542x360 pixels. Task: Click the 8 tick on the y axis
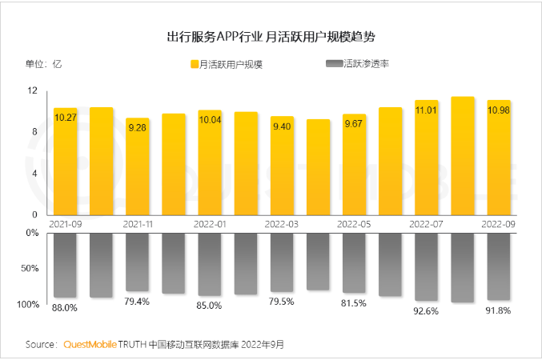(35, 132)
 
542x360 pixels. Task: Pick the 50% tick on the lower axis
(30, 268)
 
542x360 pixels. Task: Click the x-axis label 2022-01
(209, 225)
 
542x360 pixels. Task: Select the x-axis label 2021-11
(137, 225)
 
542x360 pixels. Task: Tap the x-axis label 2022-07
(426, 225)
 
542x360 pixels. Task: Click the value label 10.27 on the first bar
(65, 118)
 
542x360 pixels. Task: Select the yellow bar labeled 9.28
(137, 168)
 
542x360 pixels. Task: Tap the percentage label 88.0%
(65, 307)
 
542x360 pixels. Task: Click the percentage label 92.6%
(426, 310)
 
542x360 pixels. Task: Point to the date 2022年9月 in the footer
(265, 344)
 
